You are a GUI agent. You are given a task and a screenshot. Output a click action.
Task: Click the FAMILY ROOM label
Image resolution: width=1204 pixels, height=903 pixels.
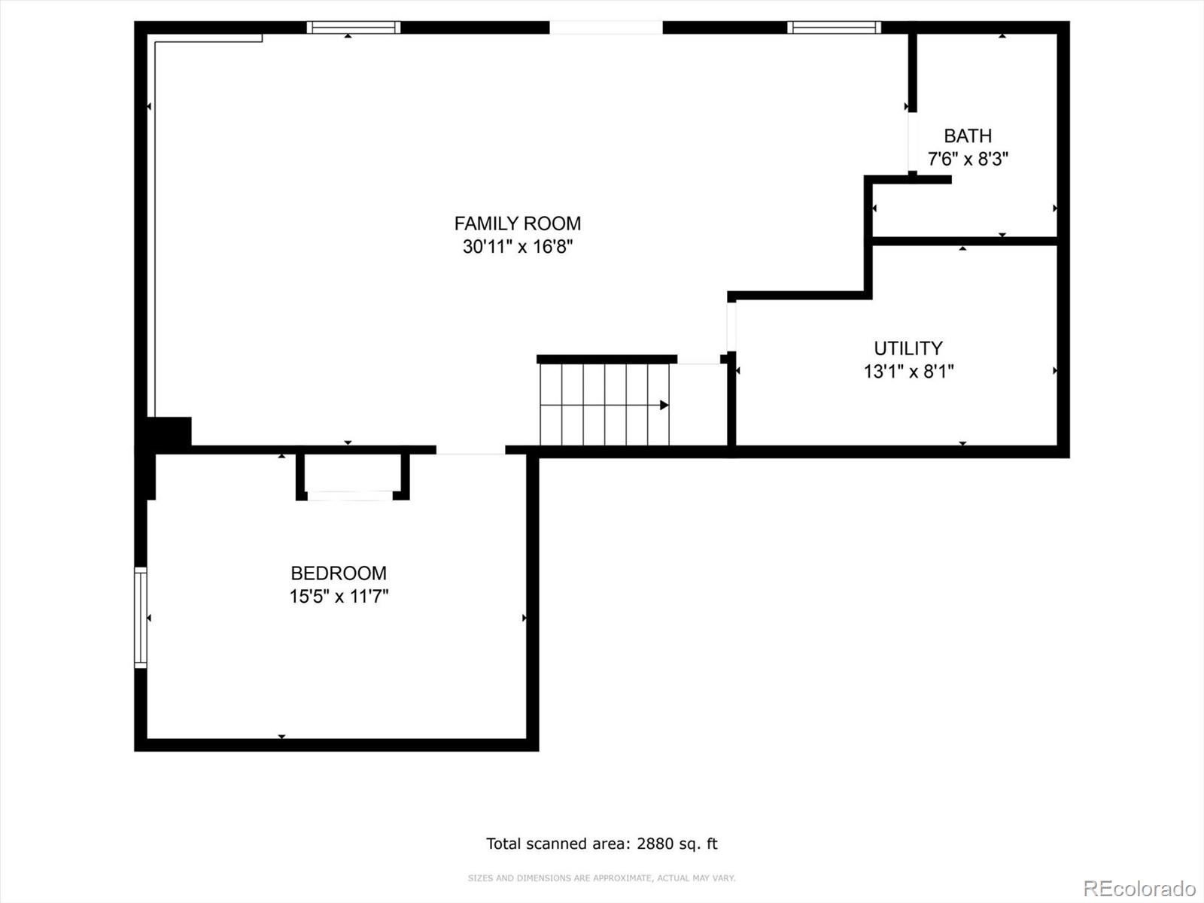517,223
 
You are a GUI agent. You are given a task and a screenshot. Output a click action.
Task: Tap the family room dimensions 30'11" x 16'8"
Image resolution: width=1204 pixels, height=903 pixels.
517,247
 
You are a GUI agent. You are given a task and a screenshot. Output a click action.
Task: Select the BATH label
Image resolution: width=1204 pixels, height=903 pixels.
968,135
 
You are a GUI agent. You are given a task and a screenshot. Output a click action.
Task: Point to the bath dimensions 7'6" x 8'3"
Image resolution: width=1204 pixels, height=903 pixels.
968,159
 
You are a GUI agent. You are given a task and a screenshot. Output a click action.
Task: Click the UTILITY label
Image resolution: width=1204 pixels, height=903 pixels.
908,348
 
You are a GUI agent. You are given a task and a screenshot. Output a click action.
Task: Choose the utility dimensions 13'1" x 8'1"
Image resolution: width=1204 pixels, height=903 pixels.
908,372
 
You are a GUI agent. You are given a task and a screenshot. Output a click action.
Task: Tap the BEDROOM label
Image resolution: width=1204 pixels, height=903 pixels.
339,573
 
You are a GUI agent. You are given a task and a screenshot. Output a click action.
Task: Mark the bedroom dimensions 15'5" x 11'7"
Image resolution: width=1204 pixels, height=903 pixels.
339,596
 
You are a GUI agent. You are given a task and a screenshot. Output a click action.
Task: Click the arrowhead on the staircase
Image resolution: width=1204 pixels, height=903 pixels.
664,405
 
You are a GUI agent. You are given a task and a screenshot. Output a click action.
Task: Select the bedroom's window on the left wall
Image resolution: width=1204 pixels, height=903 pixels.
141,618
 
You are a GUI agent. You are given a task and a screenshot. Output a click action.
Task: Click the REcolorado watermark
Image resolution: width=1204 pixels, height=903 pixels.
1140,888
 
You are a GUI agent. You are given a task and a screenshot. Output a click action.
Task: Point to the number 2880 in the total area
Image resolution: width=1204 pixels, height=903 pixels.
655,844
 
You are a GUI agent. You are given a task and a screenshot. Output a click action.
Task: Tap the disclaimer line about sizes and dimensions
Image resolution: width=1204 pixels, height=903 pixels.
601,877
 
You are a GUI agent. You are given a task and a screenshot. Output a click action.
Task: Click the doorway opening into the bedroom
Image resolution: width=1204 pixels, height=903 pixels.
470,450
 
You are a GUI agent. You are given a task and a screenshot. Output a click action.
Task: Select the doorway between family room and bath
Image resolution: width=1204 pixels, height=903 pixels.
912,141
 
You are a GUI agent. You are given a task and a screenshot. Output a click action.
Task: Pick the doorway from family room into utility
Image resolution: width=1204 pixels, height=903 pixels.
731,327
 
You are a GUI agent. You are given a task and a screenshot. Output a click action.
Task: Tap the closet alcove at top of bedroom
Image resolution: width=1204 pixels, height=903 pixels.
353,475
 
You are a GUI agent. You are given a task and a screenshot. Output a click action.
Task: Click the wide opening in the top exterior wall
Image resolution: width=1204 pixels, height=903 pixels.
606,27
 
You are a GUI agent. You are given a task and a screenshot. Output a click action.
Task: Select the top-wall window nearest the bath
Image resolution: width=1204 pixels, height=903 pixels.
835,27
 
